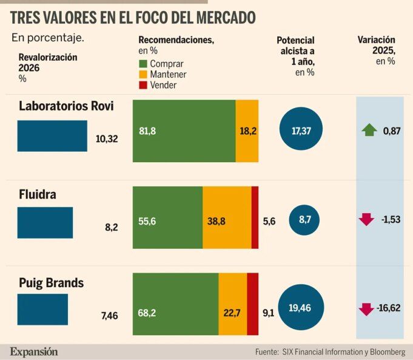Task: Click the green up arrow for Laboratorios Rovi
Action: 369,129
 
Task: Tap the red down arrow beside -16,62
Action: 366,308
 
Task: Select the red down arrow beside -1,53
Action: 366,219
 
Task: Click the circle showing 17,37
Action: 301,131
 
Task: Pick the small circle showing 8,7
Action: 304,221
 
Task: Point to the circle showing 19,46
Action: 301,308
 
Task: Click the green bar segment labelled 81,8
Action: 184,131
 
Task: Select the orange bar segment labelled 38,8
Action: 226,217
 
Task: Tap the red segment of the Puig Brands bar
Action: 253,304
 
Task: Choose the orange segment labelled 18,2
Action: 247,131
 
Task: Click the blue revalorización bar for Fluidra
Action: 45,223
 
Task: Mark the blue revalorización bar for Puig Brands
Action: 42,310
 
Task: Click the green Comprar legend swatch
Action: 143,64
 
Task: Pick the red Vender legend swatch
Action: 143,86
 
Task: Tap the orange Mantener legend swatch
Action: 143,75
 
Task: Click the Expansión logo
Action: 34,351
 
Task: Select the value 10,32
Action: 107,139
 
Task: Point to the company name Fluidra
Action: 38,194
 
